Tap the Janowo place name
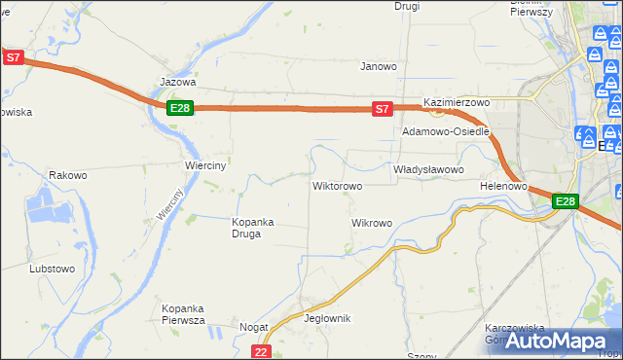click(379, 67)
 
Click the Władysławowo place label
click(427, 169)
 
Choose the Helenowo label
click(503, 186)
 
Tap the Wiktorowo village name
click(337, 186)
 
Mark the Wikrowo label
click(371, 223)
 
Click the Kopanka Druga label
click(252, 227)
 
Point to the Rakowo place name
click(68, 176)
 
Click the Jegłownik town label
click(327, 319)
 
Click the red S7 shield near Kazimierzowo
click(384, 110)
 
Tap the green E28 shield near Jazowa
click(178, 108)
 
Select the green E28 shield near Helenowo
click(566, 202)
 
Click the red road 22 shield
click(260, 351)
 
